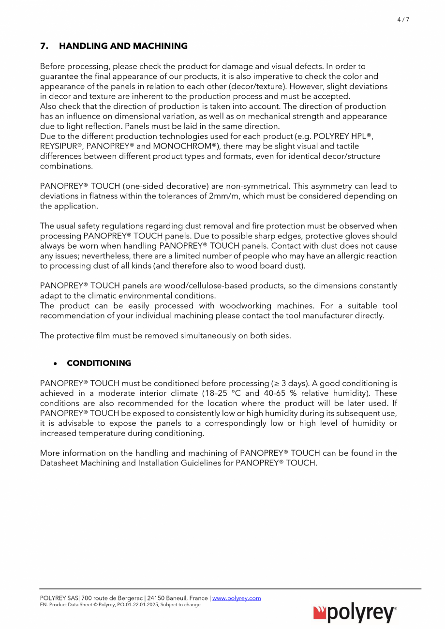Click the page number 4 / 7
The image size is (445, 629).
[403, 20]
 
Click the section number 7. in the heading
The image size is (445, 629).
[44, 46]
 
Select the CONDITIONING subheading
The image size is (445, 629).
[99, 363]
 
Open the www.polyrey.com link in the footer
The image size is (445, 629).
[237, 599]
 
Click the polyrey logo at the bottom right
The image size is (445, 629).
[355, 614]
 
